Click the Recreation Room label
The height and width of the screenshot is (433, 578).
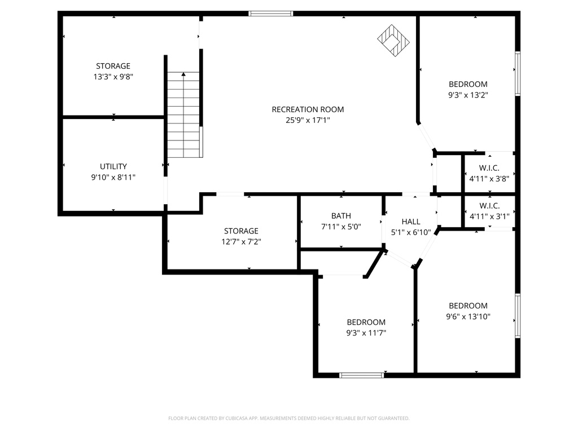pyautogui.click(x=308, y=109)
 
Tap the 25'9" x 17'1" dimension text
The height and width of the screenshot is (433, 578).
pyautogui.click(x=308, y=120)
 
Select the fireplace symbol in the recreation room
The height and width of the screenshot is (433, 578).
pyautogui.click(x=393, y=40)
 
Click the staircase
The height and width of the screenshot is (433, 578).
pyautogui.click(x=184, y=116)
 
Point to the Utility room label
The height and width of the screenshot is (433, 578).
pyautogui.click(x=113, y=166)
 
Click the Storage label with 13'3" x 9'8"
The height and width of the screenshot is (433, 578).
pyautogui.click(x=113, y=66)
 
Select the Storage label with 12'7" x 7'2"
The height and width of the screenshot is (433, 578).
pyautogui.click(x=241, y=231)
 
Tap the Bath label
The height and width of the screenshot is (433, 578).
pyautogui.click(x=341, y=216)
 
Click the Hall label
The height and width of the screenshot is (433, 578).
pyautogui.click(x=411, y=222)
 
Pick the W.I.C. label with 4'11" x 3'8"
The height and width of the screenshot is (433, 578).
pyautogui.click(x=489, y=168)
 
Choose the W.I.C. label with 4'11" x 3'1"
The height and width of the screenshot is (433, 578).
pyautogui.click(x=489, y=205)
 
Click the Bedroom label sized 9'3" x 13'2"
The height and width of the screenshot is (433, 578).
pyautogui.click(x=467, y=85)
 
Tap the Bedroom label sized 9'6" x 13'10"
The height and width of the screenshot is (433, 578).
pyautogui.click(x=468, y=306)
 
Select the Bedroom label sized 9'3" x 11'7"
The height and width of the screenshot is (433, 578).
pyautogui.click(x=366, y=322)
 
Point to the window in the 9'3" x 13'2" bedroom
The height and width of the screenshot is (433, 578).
pyautogui.click(x=516, y=74)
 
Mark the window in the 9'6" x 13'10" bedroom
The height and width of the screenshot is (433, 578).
pyautogui.click(x=516, y=316)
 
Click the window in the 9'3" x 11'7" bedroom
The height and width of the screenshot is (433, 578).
pyautogui.click(x=362, y=375)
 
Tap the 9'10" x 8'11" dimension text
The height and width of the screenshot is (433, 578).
pyautogui.click(x=113, y=177)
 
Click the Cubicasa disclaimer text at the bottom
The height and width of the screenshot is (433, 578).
pyautogui.click(x=289, y=418)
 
